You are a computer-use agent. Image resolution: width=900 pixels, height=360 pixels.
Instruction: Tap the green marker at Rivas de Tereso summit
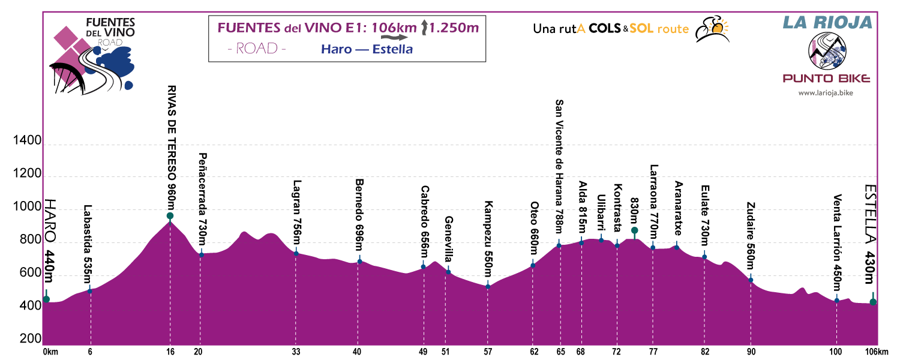coord(170,216)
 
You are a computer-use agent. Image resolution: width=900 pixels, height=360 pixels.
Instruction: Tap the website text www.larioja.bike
coord(826,93)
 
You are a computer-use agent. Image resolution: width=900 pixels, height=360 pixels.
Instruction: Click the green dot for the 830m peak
coord(634,230)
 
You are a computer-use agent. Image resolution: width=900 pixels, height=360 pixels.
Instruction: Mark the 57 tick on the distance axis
coord(488,352)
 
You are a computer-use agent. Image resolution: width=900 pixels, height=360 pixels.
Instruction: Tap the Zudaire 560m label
coord(750,238)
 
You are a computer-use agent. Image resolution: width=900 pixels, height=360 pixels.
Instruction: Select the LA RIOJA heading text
coord(826,22)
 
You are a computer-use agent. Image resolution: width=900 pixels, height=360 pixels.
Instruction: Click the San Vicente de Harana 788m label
coord(559,166)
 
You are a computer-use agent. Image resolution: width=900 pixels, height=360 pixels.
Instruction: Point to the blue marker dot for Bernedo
coord(359,261)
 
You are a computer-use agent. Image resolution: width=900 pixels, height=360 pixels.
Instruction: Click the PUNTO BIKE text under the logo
coord(826,79)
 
